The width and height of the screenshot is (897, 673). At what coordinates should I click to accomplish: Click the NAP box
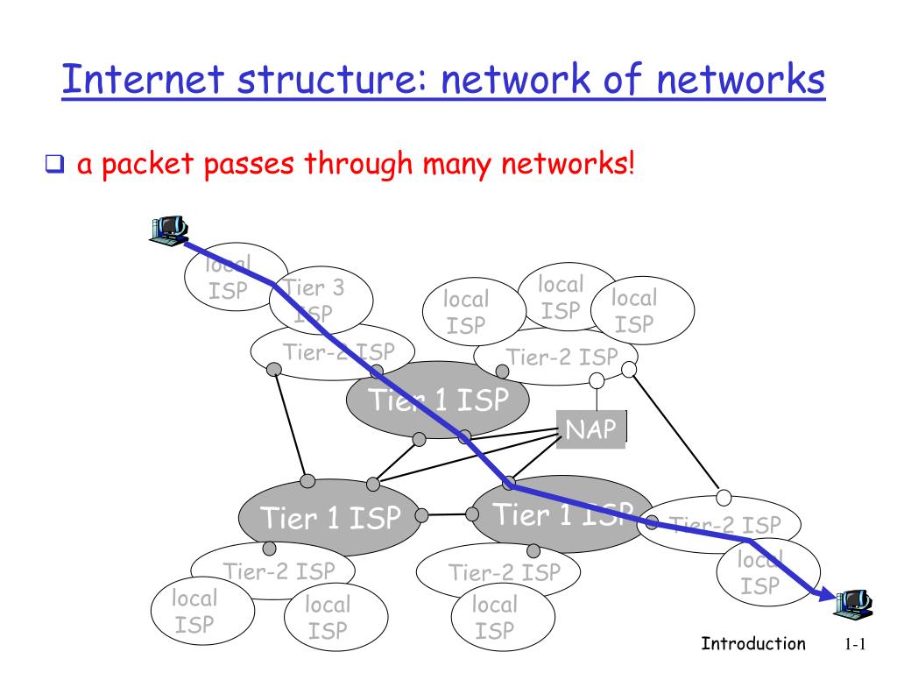point(591,429)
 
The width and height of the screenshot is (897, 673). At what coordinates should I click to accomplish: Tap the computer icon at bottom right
point(852,600)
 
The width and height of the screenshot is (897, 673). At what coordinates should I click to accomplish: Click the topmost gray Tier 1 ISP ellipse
point(438,401)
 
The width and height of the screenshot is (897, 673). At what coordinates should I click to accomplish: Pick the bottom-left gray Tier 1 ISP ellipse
point(329,518)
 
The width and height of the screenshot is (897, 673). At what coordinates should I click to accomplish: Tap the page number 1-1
point(855,645)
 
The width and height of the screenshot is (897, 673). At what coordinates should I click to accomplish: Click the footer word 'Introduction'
point(753,644)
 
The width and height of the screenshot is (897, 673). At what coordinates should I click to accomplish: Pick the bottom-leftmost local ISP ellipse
point(194,612)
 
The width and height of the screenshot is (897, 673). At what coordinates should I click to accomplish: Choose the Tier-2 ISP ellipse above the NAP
point(555,357)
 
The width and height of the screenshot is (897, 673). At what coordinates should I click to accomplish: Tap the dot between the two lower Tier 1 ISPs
point(421,515)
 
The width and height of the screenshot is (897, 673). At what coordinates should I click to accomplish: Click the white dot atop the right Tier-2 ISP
point(724,498)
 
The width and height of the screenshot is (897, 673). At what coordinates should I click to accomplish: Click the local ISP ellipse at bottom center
point(495,617)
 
